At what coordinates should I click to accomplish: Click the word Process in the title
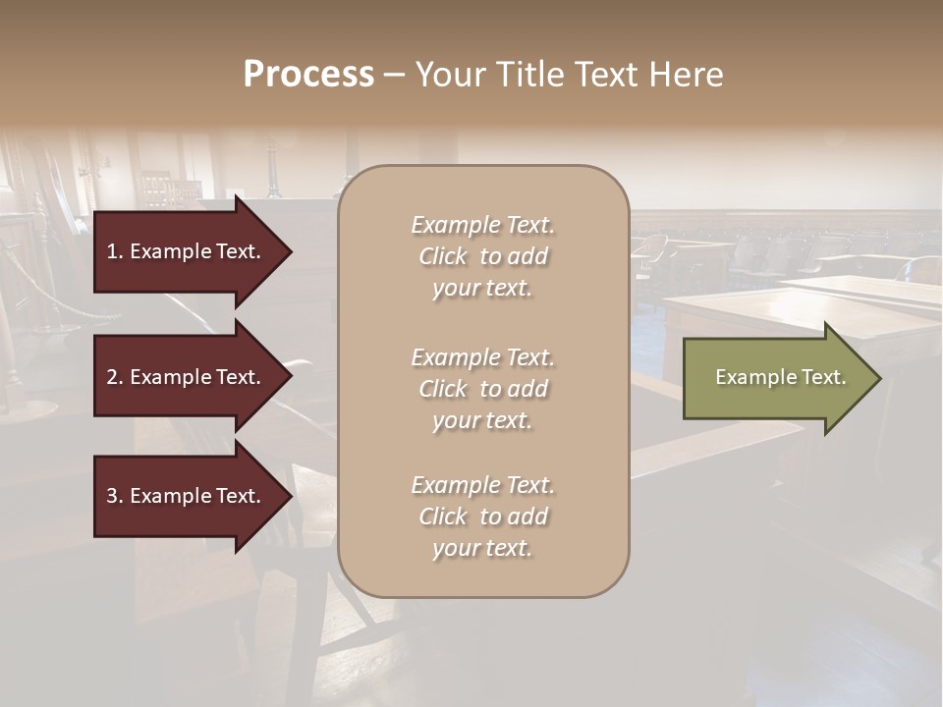308,75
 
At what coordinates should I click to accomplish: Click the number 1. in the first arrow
115,251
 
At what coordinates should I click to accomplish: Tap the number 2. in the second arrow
115,377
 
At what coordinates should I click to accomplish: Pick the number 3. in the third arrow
115,496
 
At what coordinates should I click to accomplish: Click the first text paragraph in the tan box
482,256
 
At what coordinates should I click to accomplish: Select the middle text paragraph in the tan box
482,389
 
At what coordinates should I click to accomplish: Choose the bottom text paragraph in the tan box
482,517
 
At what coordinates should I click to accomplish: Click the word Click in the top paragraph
443,256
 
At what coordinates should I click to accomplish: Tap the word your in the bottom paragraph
454,548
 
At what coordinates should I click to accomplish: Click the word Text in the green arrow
824,377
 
